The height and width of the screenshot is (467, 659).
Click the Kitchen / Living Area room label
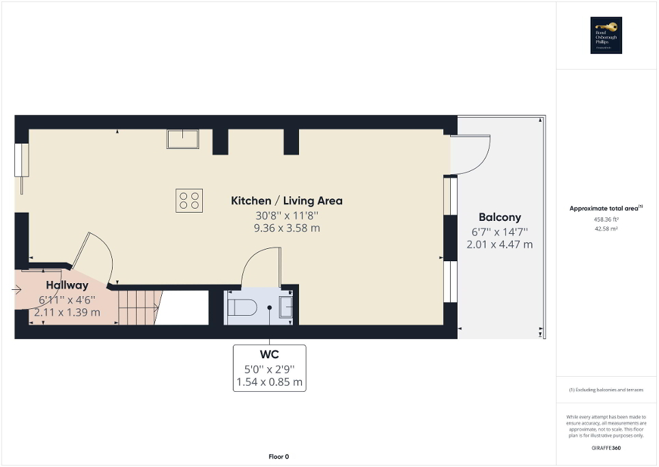[x=287, y=201]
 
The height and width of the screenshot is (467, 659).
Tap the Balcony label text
[x=499, y=217]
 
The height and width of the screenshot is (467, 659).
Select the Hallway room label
[x=67, y=285]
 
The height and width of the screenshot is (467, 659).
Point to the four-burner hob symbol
[x=189, y=200]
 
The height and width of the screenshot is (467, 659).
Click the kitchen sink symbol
[x=183, y=139]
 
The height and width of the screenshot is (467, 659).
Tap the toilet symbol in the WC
[x=241, y=308]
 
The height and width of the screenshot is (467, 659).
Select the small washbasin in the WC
[x=287, y=308]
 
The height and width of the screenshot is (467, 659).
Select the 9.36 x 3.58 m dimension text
[x=287, y=228]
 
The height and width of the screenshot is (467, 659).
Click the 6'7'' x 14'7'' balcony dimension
[x=499, y=232]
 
